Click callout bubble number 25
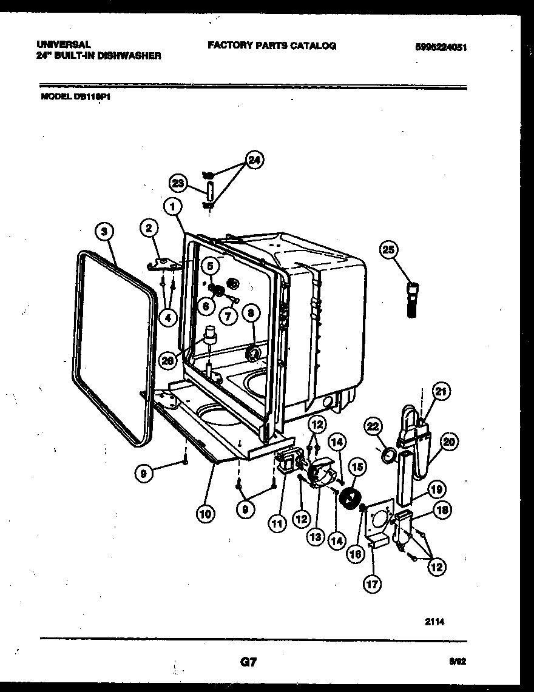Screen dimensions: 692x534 (x=389, y=249)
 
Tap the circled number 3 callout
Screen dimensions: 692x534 (x=105, y=230)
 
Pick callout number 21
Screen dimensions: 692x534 (x=441, y=392)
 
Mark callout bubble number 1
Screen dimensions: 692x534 (x=174, y=207)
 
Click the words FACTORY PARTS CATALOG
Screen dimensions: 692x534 (x=271, y=45)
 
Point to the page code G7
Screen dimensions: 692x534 (x=249, y=662)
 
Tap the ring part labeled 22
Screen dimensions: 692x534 (x=388, y=455)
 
